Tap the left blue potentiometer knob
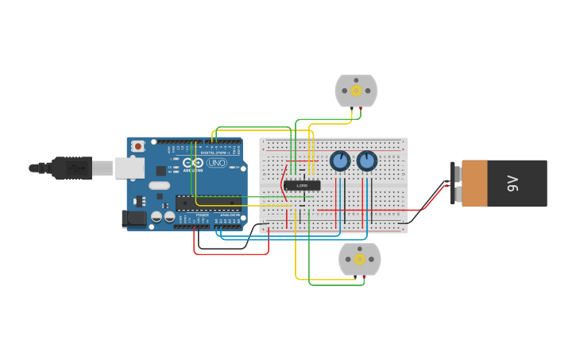[x=340, y=161]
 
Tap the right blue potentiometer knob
[x=367, y=161]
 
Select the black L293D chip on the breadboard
[x=302, y=185]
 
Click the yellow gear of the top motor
[x=356, y=91]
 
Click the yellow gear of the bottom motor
[x=359, y=259]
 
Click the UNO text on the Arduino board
[x=217, y=163]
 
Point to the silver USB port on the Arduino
[x=130, y=168]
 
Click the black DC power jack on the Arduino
[x=133, y=218]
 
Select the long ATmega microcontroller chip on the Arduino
[x=208, y=203]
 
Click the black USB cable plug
[x=72, y=168]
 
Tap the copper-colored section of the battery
[x=474, y=184]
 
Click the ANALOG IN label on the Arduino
[x=229, y=215]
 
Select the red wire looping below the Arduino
[x=230, y=254]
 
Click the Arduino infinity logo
[x=193, y=163]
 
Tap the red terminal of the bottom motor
[x=364, y=277]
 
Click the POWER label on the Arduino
[x=202, y=215]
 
